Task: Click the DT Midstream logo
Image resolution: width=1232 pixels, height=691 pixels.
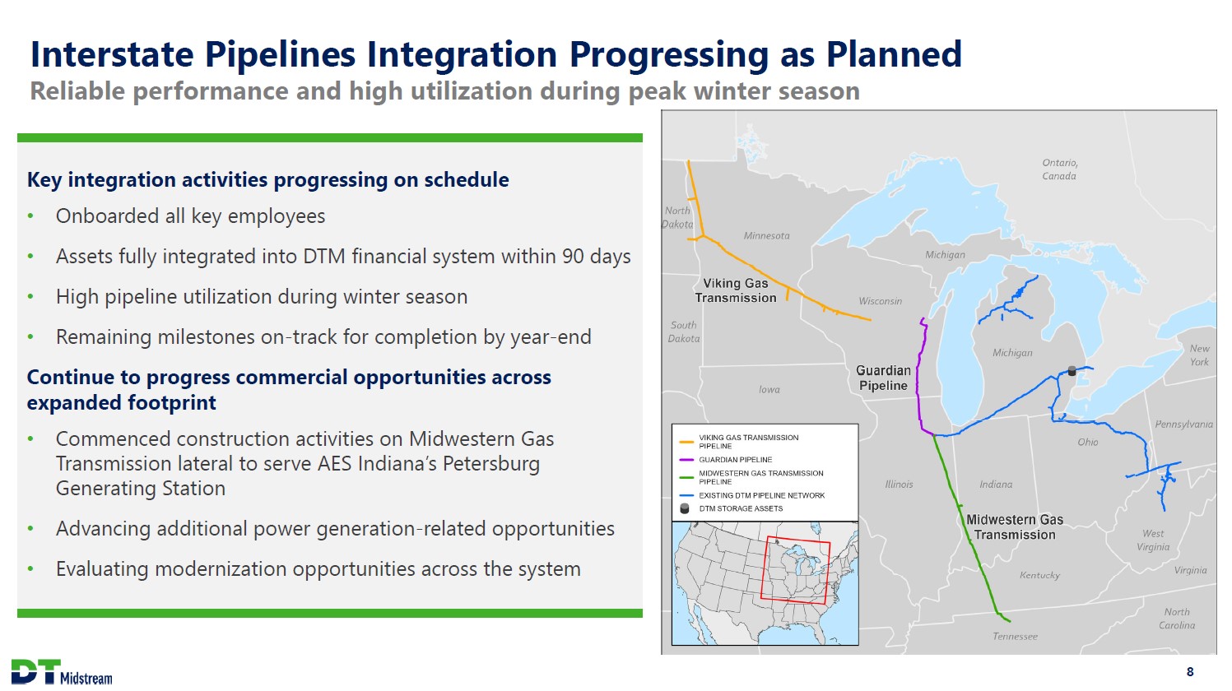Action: pyautogui.click(x=62, y=672)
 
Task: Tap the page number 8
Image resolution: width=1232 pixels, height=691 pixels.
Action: pyautogui.click(x=1190, y=672)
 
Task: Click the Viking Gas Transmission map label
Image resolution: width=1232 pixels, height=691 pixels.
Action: pyautogui.click(x=736, y=290)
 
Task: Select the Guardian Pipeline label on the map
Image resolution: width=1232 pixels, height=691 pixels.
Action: pyautogui.click(x=883, y=378)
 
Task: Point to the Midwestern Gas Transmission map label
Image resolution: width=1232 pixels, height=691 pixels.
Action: pyautogui.click(x=1015, y=526)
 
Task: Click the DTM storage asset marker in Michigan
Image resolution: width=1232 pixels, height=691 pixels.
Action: pyautogui.click(x=1072, y=371)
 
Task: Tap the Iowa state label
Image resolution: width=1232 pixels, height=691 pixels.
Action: pyautogui.click(x=769, y=389)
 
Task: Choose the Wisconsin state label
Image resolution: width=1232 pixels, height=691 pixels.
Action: pyautogui.click(x=881, y=301)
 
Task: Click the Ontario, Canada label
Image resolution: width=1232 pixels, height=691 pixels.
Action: pyautogui.click(x=1060, y=169)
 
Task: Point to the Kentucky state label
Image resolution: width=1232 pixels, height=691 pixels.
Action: pyautogui.click(x=1039, y=575)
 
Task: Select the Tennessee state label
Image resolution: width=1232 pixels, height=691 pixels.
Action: pyautogui.click(x=1015, y=636)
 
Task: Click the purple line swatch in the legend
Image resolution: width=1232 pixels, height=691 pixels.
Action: pyautogui.click(x=686, y=460)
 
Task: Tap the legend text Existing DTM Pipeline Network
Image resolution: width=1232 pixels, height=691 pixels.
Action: pyautogui.click(x=762, y=495)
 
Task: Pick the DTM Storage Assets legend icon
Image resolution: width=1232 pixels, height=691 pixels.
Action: pyautogui.click(x=685, y=508)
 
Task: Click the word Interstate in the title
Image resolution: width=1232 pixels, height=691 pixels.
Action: pyautogui.click(x=112, y=53)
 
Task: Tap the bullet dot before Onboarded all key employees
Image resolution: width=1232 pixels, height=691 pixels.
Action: pyautogui.click(x=30, y=216)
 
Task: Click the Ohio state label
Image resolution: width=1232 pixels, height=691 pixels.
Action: pyautogui.click(x=1088, y=442)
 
